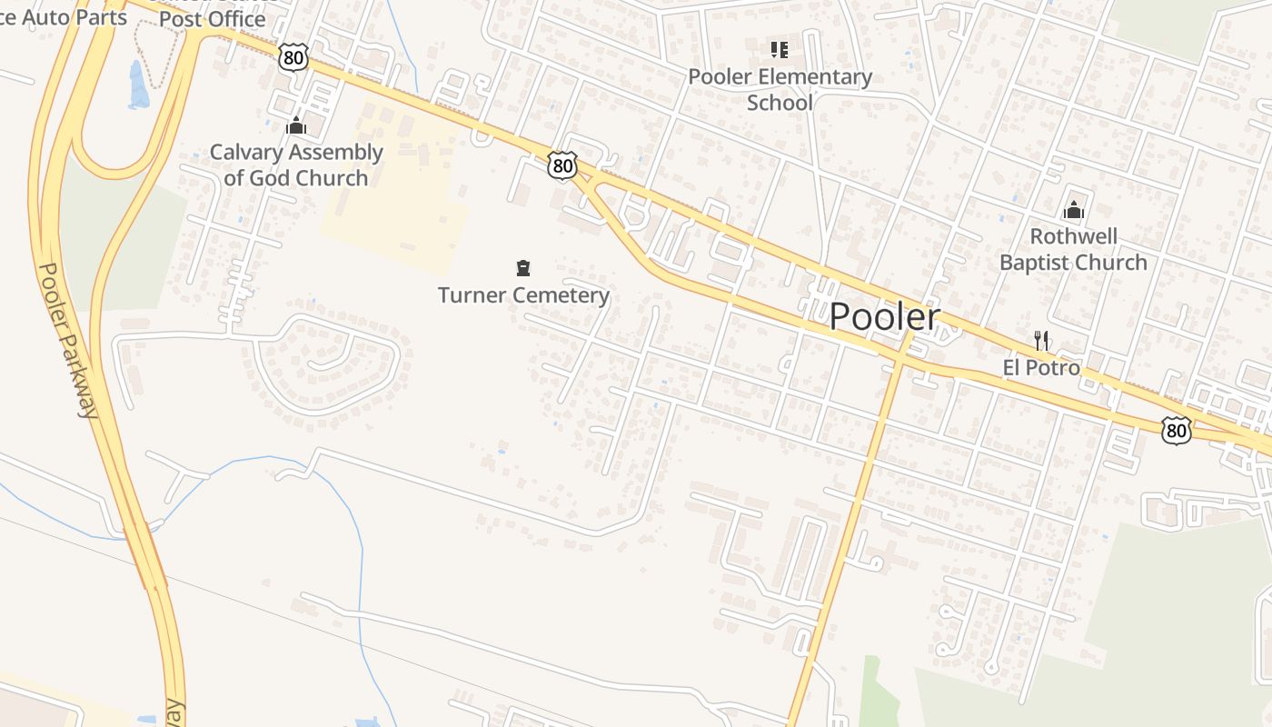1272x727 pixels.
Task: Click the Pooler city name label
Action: [884, 316]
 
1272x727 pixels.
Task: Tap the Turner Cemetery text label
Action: [523, 295]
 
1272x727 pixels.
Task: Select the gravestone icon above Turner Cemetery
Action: [523, 267]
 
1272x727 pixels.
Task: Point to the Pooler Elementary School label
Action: [780, 89]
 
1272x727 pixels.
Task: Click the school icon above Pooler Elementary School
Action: [780, 49]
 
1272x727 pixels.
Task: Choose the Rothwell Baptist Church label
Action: [1073, 250]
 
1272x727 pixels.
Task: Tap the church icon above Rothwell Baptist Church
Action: [1074, 211]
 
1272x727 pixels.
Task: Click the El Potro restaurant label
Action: [1041, 367]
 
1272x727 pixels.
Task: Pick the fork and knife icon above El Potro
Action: [1041, 341]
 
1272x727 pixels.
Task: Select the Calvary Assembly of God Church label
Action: [296, 164]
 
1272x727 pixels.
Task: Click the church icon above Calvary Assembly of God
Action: [296, 126]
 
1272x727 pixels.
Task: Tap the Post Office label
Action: [212, 18]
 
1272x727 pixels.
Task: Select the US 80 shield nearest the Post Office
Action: [293, 58]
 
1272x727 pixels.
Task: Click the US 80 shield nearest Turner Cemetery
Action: [562, 165]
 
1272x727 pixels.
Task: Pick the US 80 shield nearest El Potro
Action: [1176, 430]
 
